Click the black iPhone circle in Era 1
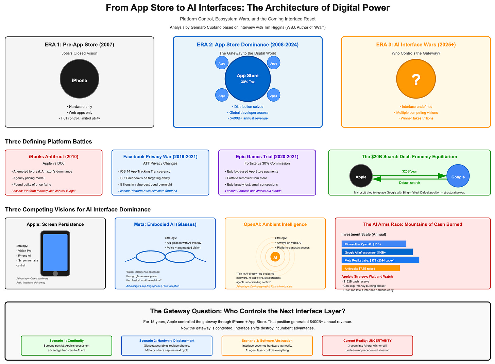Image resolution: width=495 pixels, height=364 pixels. (x=79, y=79)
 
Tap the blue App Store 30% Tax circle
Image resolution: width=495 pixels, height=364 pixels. (x=247, y=79)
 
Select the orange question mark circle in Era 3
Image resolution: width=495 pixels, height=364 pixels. (x=416, y=79)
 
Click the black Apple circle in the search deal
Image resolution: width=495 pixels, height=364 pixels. (x=361, y=177)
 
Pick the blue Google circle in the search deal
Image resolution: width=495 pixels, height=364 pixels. (x=458, y=177)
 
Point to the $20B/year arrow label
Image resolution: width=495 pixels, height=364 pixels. (x=409, y=171)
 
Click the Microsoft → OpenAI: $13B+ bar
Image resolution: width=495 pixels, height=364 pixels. (x=374, y=244)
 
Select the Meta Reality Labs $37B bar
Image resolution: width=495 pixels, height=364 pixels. (x=380, y=260)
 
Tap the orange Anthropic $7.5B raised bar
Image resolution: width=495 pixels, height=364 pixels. (x=370, y=268)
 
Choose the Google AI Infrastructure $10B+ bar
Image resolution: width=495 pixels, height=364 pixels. (x=377, y=252)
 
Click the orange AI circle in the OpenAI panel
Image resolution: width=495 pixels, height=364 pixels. (x=275, y=257)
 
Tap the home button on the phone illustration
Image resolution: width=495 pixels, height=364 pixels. (x=55, y=273)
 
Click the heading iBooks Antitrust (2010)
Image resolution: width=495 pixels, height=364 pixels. (x=53, y=157)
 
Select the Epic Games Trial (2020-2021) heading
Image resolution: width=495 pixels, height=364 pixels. (x=267, y=157)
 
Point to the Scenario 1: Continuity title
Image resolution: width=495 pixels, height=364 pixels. (x=66, y=341)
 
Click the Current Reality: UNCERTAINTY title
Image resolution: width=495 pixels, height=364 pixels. (x=367, y=341)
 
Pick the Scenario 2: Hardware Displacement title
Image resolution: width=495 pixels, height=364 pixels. (x=167, y=341)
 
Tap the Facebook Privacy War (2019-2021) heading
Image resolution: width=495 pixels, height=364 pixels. (x=160, y=157)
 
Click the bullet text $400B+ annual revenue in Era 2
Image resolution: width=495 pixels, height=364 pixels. (x=247, y=118)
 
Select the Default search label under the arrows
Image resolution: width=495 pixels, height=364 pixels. (x=409, y=183)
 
